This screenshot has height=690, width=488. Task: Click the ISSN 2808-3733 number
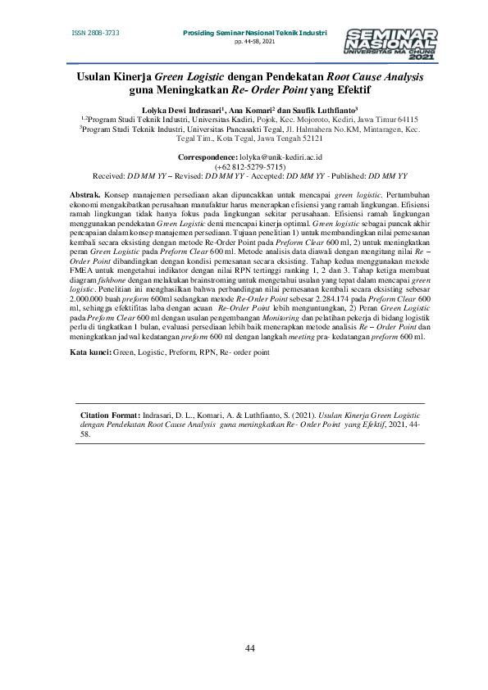(x=96, y=33)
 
